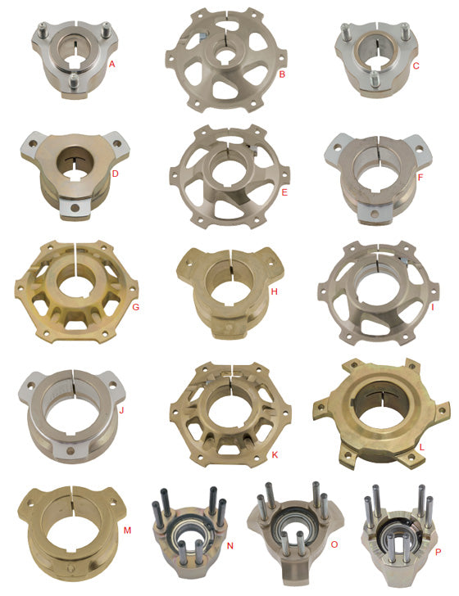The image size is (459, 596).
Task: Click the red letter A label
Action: tap(111, 62)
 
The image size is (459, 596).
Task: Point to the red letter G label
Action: tap(136, 306)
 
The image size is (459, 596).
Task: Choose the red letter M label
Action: tap(127, 531)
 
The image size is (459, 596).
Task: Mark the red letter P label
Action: tap(439, 553)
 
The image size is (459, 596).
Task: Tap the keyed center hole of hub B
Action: tap(225, 61)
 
